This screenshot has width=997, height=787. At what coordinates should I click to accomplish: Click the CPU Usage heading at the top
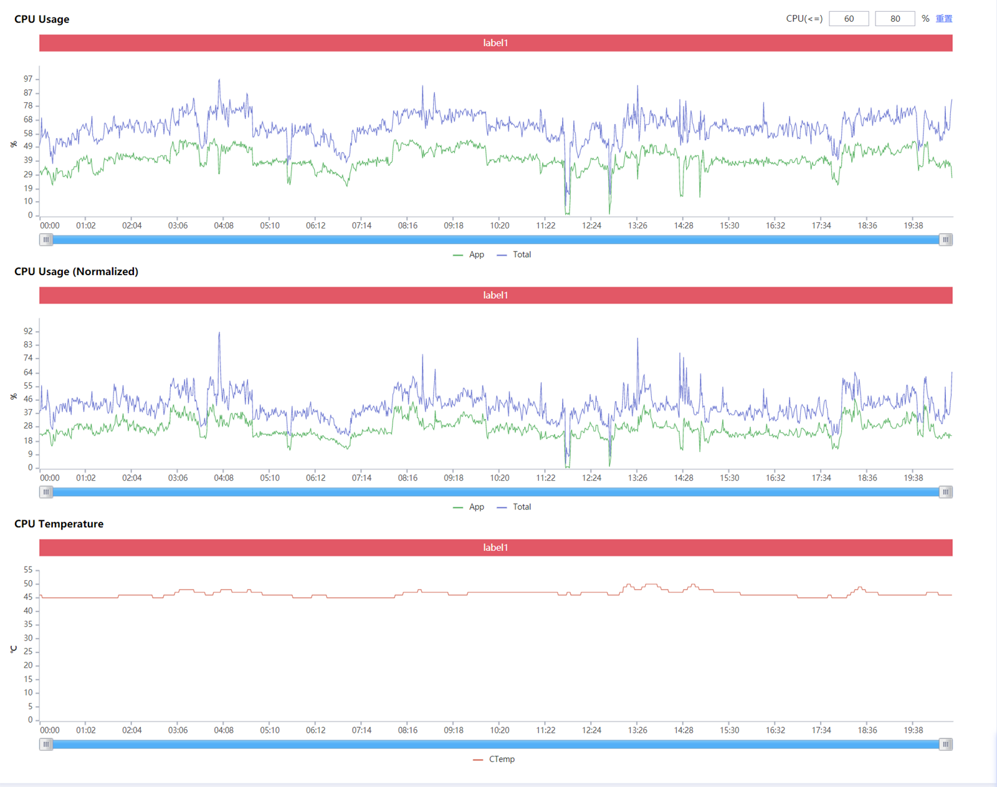tap(42, 19)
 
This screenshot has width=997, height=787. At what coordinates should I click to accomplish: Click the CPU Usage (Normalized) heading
tap(76, 271)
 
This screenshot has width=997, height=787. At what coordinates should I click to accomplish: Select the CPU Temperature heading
tap(59, 524)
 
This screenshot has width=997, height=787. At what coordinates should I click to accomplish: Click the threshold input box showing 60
tap(848, 19)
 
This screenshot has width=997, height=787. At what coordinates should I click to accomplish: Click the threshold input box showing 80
tap(894, 19)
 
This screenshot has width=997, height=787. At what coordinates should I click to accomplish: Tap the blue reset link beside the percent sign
tap(943, 19)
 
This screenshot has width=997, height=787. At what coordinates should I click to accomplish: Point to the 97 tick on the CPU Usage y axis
tap(28, 79)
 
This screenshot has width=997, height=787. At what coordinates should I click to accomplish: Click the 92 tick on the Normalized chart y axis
tap(28, 331)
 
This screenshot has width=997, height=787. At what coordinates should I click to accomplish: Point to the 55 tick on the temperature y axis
tap(28, 570)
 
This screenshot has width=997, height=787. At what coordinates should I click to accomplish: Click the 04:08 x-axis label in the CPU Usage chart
tap(224, 225)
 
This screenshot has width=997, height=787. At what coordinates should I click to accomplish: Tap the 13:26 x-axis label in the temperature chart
tap(637, 730)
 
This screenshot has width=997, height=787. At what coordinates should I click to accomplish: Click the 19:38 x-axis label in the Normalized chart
tap(913, 478)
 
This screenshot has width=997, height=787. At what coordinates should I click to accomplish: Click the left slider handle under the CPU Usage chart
tap(46, 240)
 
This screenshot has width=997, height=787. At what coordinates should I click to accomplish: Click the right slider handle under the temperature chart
tap(945, 744)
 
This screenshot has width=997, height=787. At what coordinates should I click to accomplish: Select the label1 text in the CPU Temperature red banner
tap(495, 547)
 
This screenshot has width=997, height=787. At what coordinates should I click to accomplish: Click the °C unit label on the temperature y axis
tap(14, 649)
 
